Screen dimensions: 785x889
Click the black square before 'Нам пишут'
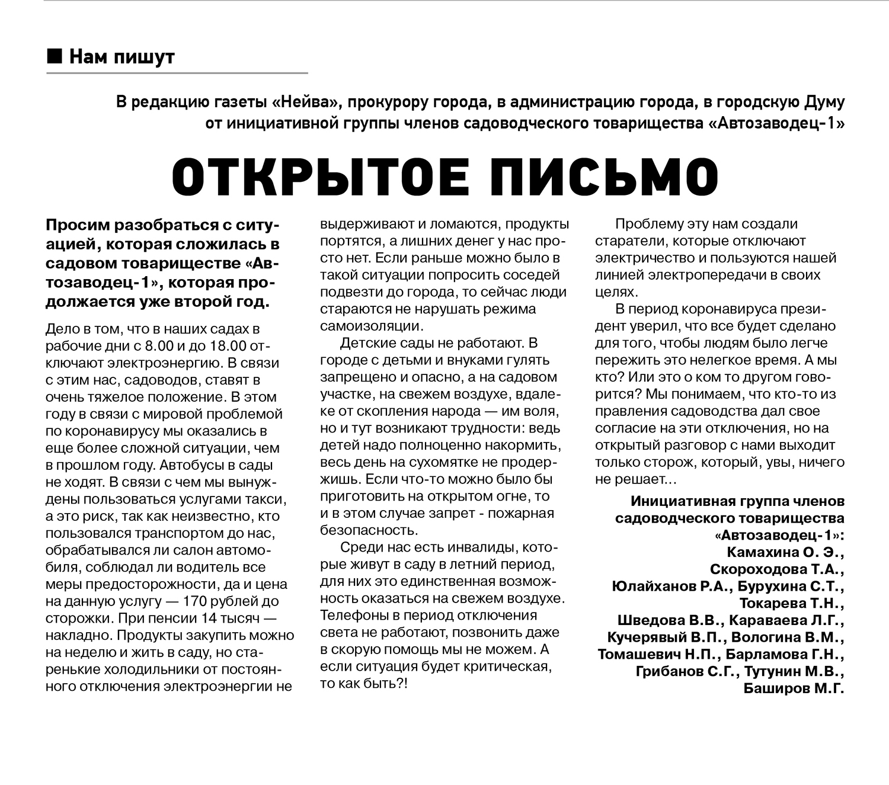tap(54, 57)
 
